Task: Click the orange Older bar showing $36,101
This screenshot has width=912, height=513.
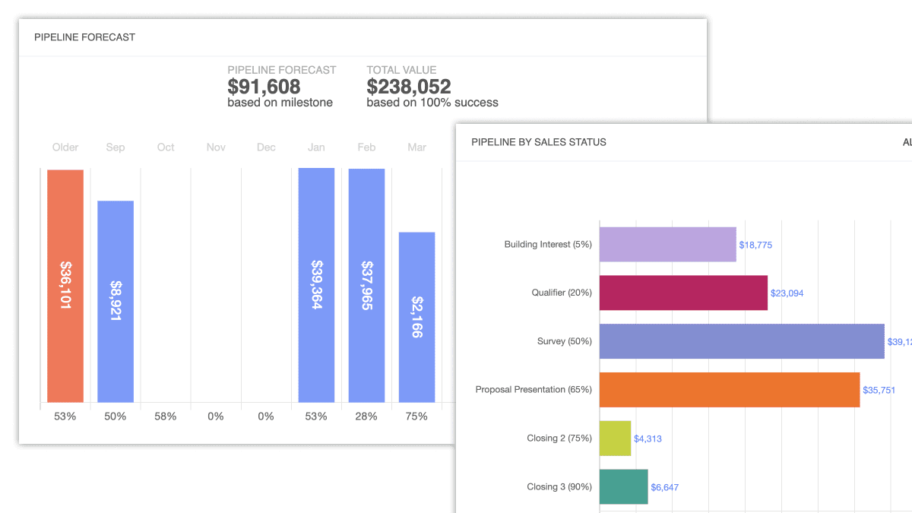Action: tap(65, 285)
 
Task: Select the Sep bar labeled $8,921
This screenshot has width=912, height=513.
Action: tap(116, 301)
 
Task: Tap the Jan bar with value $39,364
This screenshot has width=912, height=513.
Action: tap(316, 285)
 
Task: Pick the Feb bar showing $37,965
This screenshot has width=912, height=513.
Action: tap(366, 285)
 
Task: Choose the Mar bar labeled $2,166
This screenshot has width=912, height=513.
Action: tap(416, 317)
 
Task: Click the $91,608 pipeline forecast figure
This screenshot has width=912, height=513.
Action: tap(264, 87)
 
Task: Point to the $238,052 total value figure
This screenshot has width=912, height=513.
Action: tap(408, 87)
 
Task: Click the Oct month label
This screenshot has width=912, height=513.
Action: tap(166, 147)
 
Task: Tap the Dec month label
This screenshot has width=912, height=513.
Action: tap(266, 147)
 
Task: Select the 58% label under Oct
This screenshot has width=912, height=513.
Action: tap(166, 416)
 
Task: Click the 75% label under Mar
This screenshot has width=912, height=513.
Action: tap(416, 416)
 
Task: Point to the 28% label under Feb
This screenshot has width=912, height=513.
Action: tap(366, 416)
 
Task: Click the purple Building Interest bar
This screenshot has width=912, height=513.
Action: tap(667, 245)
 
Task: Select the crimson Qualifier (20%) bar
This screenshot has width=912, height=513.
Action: tap(683, 293)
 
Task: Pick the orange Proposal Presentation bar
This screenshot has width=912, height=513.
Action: tap(730, 390)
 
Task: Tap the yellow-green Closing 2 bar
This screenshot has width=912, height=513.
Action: tap(615, 439)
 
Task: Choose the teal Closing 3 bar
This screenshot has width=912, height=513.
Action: tap(623, 486)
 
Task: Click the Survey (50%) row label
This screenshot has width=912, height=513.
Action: tap(564, 341)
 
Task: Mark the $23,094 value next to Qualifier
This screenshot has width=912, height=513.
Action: tap(787, 293)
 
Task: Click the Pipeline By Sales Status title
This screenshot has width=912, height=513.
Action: tap(539, 142)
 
